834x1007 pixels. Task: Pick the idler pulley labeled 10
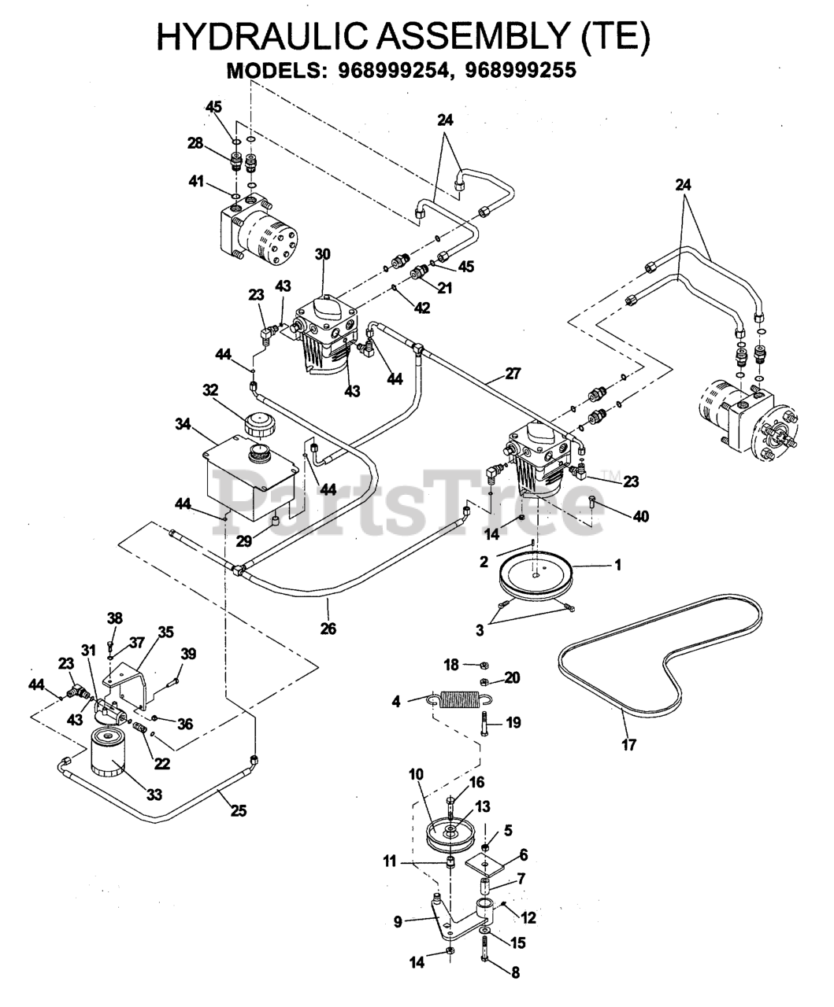click(x=447, y=833)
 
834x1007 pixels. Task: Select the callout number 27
click(x=513, y=374)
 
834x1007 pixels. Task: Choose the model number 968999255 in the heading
click(x=521, y=70)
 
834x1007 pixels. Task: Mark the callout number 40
click(x=641, y=516)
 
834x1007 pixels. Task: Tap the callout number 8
click(x=516, y=972)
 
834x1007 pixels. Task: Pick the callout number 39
click(x=188, y=655)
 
